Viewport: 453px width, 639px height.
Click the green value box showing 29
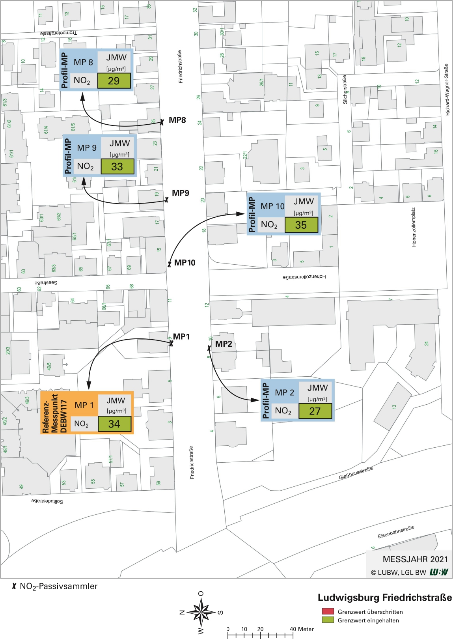pyautogui.click(x=114, y=81)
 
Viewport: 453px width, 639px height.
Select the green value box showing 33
pyautogui.click(x=117, y=166)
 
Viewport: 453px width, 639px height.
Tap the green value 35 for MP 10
pyautogui.click(x=301, y=225)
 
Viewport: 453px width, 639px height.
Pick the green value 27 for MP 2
pyautogui.click(x=315, y=411)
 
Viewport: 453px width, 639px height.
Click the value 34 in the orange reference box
pyautogui.click(x=114, y=424)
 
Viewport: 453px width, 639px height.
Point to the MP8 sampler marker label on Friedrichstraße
pyautogui.click(x=177, y=120)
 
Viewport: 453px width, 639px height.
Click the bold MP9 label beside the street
pyautogui.click(x=180, y=193)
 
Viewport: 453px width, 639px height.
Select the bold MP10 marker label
pyautogui.click(x=185, y=263)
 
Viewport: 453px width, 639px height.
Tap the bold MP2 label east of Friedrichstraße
pyautogui.click(x=224, y=344)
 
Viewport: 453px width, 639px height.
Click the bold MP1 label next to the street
pyautogui.click(x=181, y=336)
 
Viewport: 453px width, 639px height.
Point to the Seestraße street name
pyautogui.click(x=46, y=283)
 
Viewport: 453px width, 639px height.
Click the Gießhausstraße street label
pyautogui.click(x=356, y=473)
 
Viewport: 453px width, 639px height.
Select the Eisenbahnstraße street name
pyautogui.click(x=396, y=532)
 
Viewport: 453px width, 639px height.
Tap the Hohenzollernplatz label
pyautogui.click(x=414, y=227)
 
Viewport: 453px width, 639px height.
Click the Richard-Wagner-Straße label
pyautogui.click(x=447, y=90)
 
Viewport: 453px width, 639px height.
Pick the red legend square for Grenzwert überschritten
pyautogui.click(x=328, y=611)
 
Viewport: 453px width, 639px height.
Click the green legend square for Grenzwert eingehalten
pyautogui.click(x=328, y=620)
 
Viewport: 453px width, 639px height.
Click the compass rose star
pyautogui.click(x=201, y=612)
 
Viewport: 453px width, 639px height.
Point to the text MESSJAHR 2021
pyautogui.click(x=415, y=559)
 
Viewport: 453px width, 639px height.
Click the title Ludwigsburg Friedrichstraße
pyautogui.click(x=384, y=598)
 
